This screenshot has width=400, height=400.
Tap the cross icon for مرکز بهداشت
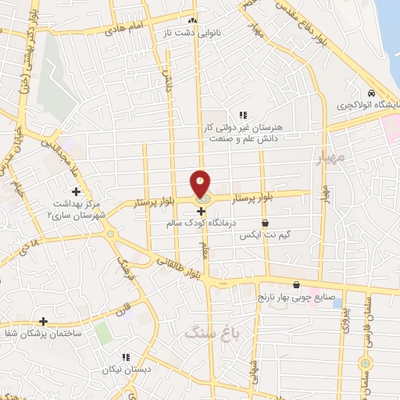[x=76, y=191]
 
